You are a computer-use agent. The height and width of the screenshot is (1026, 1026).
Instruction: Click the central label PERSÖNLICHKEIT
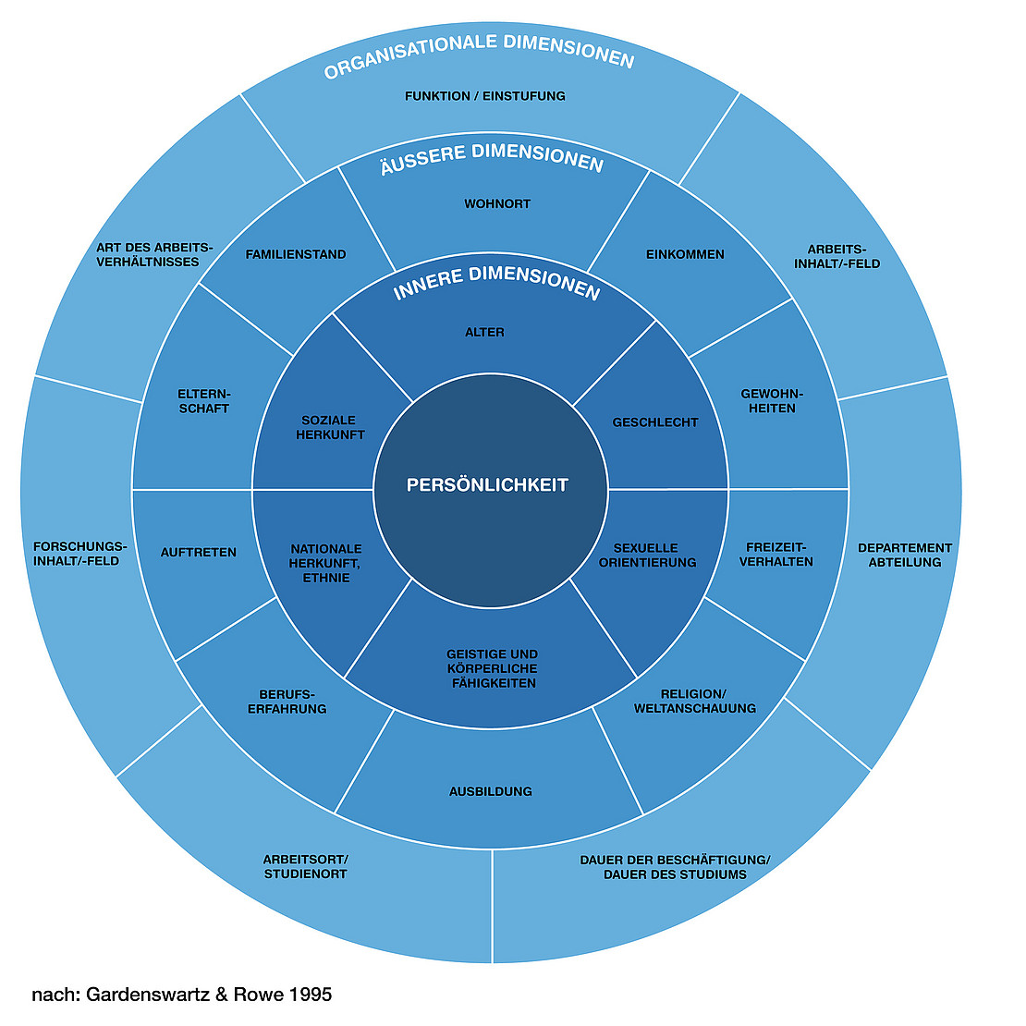pos(487,484)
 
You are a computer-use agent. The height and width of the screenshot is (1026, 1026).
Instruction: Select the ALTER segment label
pos(484,332)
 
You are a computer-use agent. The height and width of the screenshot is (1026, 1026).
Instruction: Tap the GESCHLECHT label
pos(655,422)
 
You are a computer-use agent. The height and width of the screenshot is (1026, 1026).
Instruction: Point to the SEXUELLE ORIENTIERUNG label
pos(647,555)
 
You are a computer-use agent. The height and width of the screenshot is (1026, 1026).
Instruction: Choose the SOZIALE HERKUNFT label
pos(330,427)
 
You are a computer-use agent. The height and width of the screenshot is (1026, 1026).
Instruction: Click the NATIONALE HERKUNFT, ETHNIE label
pos(325,563)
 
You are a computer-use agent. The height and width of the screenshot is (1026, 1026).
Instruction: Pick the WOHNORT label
pos(497,203)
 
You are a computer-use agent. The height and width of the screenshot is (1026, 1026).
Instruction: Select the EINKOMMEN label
pos(685,254)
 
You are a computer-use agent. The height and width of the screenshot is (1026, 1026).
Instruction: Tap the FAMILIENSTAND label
pos(296,254)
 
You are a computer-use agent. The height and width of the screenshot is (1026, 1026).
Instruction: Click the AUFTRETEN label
pos(199,552)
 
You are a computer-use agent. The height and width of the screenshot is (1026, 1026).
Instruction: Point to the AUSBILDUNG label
pos(491,791)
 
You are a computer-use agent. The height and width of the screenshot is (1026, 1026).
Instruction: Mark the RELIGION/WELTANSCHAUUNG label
pos(694,701)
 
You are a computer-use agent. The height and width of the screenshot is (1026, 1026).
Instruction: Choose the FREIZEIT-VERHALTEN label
pos(776,554)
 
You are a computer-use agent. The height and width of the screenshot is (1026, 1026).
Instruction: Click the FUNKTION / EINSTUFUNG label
pos(485,95)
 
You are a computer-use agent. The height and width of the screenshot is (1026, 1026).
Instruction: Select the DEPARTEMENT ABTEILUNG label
pos(905,555)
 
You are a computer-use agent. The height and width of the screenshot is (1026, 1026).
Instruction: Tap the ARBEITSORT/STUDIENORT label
pos(305,866)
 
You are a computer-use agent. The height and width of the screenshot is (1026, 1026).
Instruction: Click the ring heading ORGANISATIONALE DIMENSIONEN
pos(479,55)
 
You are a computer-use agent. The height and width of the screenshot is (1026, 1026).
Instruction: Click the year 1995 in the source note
pos(310,995)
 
